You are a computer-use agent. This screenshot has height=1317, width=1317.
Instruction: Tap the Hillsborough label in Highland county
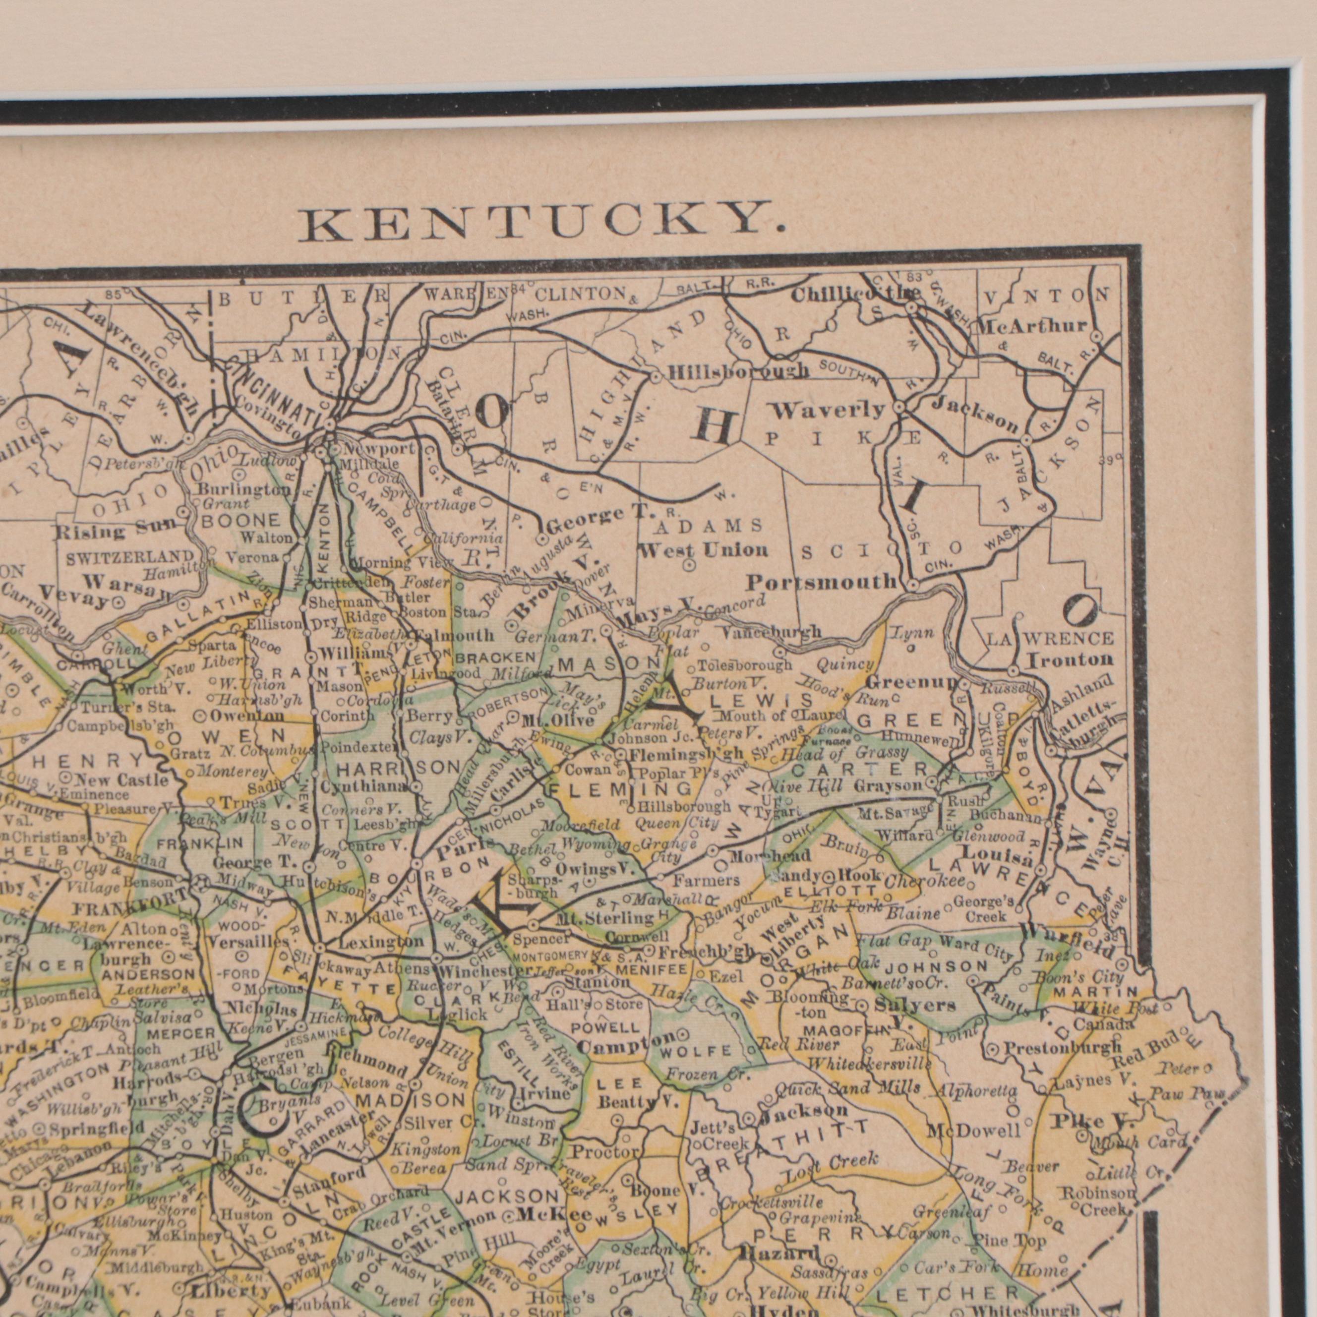(738, 371)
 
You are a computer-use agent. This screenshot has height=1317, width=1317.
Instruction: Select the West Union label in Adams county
(703, 549)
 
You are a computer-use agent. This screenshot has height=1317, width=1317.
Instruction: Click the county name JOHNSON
(937, 966)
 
